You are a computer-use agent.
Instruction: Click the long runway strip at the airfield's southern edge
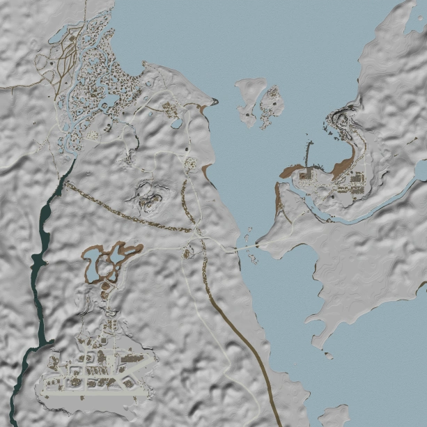[98, 395]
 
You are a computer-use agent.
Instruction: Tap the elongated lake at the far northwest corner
[59, 33]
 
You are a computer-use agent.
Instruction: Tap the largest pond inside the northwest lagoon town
[110, 104]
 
